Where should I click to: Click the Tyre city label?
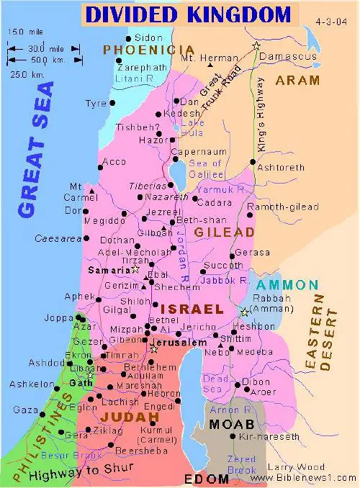[x=95, y=104]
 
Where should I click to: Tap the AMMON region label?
[x=287, y=284]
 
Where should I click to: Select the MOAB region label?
[x=230, y=424]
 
